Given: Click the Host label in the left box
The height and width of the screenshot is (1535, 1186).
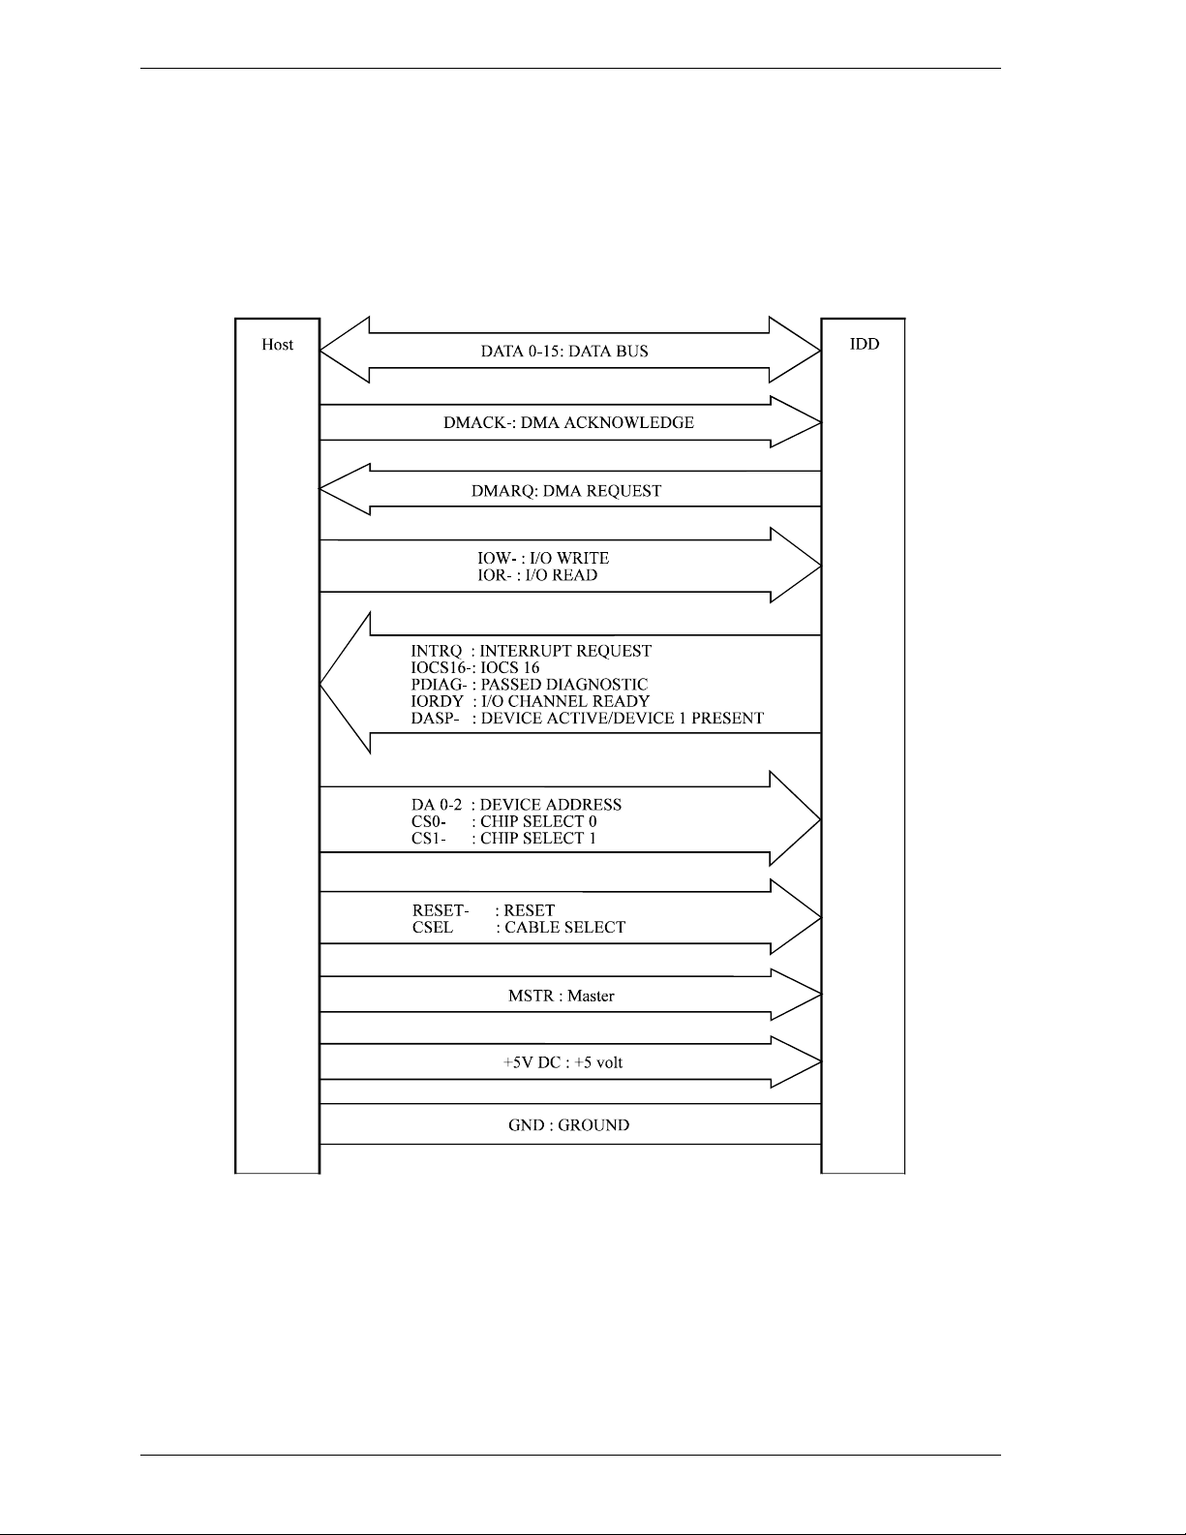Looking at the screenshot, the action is coord(277,345).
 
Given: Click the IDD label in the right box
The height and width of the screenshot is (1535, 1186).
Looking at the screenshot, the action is coord(865,344).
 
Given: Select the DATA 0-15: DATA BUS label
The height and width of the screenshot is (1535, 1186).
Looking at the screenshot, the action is coord(564,352).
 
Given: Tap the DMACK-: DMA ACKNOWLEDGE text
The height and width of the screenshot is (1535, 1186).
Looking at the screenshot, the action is coord(568,422).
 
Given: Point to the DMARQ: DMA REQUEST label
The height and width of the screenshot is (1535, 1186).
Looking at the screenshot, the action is coord(566,491).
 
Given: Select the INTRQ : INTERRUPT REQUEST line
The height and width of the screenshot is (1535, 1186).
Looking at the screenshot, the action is coord(531,651).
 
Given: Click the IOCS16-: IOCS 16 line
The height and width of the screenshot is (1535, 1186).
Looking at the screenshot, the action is coord(475,667).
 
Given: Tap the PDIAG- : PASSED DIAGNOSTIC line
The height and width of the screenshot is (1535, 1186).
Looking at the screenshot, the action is coord(529,685).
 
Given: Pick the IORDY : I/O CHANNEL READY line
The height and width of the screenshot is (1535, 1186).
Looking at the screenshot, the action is coord(530,701).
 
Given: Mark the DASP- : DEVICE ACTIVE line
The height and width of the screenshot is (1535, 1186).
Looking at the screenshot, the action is coord(587,719).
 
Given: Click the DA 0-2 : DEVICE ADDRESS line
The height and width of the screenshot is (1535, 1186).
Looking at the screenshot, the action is coord(516,805).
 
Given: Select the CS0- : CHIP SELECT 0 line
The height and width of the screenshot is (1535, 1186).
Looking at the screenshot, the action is coord(503,821).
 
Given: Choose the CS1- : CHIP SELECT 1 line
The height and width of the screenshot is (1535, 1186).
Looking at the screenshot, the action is coord(503,839).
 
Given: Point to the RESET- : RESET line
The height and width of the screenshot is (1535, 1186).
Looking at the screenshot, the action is coord(483,910).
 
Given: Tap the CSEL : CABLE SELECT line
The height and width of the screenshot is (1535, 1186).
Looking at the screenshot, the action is coord(518,928).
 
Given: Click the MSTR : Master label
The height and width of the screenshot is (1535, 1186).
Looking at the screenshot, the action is coord(562,996).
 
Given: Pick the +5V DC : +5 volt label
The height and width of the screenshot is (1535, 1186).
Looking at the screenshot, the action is coord(563,1062).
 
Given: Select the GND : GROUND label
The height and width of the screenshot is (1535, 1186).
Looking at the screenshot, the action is coord(568,1125).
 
